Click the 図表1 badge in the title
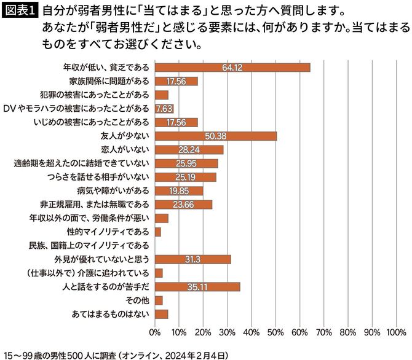point(20,12)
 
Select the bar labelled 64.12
point(232,68)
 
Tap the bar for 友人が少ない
point(215,136)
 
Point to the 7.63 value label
point(164,109)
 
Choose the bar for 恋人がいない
point(189,149)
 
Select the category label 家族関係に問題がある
point(109,81)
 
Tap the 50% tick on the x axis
point(275,332)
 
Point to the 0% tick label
point(155,332)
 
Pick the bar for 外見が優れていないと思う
point(192,259)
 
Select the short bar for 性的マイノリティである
point(158,232)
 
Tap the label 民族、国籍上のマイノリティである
point(89,245)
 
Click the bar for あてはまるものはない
point(162,314)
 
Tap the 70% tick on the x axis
point(323,332)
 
